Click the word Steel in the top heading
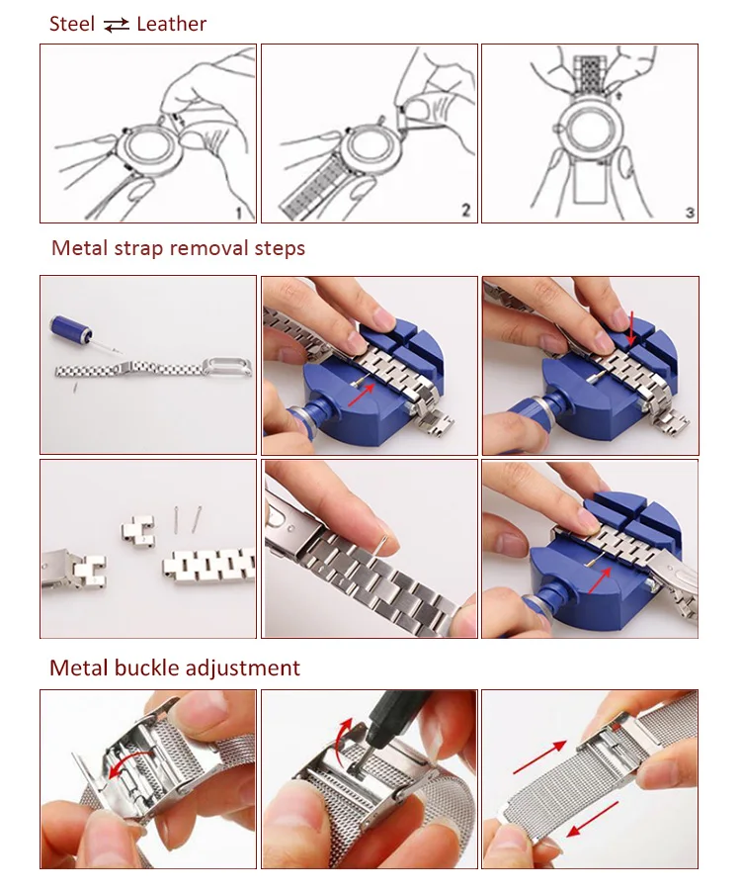point(72,24)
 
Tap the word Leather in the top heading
point(171,24)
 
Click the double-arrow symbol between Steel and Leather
point(117,26)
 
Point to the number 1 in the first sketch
point(239,213)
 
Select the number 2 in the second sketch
point(465,211)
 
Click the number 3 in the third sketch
point(690,213)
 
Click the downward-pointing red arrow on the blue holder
point(631,328)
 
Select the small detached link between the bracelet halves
point(137,528)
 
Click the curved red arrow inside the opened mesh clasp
point(130,762)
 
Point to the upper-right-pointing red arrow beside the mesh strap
point(539,757)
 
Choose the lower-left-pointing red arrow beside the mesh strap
point(593,819)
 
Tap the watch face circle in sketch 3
point(590,128)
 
